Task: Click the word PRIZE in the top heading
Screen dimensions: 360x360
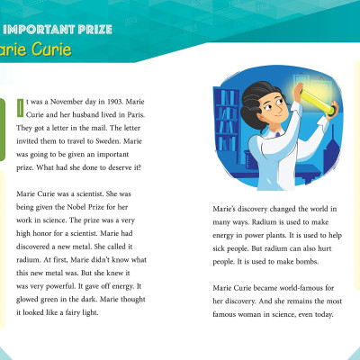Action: (90, 29)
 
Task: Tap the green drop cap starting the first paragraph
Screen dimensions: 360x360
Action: (22, 108)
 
